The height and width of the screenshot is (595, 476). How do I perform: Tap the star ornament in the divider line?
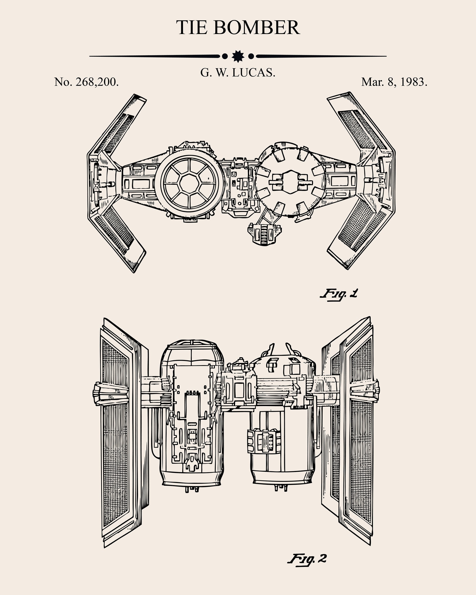point(238,56)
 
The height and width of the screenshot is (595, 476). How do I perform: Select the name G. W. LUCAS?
point(238,73)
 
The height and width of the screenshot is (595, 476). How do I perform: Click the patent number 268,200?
point(97,82)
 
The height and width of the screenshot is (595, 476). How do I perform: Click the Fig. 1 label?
point(339,294)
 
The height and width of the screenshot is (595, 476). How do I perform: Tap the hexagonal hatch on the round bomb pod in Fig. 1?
point(290,182)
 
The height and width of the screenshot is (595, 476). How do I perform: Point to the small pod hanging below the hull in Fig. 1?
point(264,234)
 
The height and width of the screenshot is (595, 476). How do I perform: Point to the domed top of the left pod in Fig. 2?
point(191,348)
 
